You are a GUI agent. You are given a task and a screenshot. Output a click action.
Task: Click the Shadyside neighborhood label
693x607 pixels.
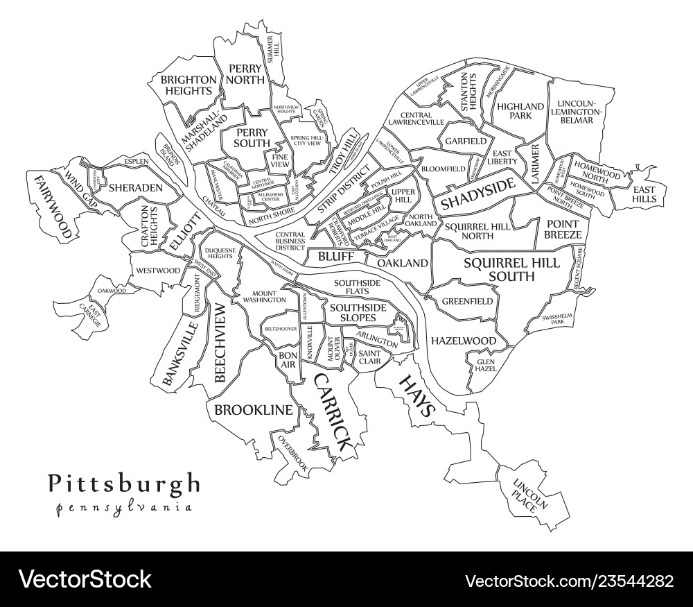(x=478, y=195)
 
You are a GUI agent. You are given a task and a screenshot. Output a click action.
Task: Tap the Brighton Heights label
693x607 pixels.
(x=187, y=85)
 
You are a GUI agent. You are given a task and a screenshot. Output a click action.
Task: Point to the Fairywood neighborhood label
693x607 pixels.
(x=53, y=206)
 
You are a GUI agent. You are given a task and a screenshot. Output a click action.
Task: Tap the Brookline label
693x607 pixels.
(x=254, y=410)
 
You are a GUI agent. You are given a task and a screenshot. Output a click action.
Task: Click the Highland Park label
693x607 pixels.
(x=520, y=111)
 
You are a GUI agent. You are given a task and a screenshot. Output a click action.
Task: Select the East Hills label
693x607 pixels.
(x=644, y=194)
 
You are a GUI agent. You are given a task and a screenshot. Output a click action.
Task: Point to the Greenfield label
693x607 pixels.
(x=468, y=302)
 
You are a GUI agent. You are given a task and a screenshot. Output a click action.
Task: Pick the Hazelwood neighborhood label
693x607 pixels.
(x=464, y=341)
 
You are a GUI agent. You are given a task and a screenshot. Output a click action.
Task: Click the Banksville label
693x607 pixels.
(x=177, y=352)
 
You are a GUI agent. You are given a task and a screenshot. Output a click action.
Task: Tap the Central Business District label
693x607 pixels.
(x=290, y=241)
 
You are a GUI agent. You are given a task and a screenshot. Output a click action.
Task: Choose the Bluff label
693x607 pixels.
(x=336, y=257)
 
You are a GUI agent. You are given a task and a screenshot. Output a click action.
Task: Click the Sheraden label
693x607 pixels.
(x=136, y=188)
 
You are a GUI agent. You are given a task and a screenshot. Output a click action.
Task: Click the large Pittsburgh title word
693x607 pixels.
(x=124, y=483)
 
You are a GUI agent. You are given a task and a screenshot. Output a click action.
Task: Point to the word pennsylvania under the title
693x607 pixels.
(x=124, y=506)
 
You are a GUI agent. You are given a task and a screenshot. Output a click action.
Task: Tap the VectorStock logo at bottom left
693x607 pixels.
(x=85, y=579)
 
